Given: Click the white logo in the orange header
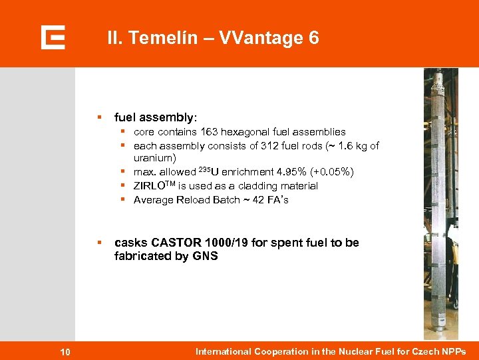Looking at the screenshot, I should pos(53,37).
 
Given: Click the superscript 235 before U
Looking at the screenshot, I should pos(202,169).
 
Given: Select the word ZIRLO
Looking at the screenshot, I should pos(150,186).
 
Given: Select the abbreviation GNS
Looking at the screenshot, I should pos(204,256).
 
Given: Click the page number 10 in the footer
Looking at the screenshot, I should pos(65,352).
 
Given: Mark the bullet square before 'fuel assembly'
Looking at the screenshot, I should pos(98,117).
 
